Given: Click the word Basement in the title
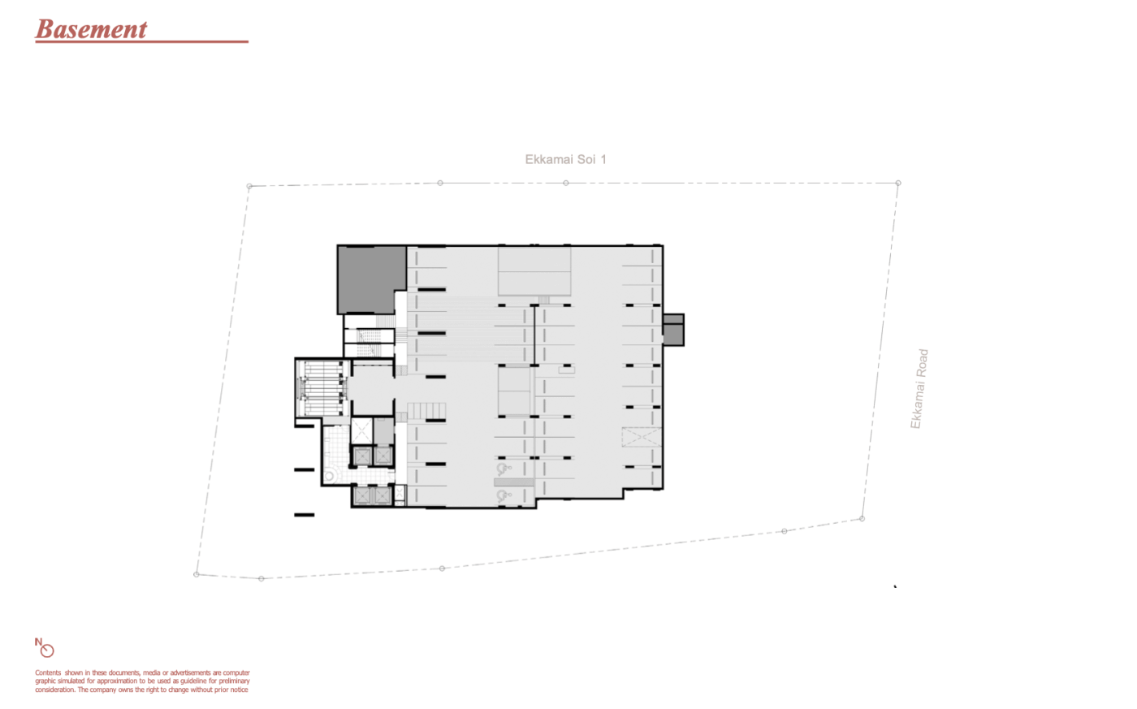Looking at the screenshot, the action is [91, 29].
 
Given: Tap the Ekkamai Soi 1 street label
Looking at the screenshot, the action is [565, 159].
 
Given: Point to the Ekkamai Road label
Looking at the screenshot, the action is [919, 389].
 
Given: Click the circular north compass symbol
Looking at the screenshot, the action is [48, 651].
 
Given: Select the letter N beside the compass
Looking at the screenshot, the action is [38, 642].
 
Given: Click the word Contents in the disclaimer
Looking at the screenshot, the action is [48, 672].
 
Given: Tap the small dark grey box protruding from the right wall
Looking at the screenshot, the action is [673, 330].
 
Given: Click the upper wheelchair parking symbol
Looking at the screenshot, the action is [503, 468].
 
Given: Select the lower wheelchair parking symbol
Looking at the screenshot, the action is [503, 496].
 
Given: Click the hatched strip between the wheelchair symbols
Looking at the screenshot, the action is [514, 482].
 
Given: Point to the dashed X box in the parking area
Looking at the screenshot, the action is [642, 437].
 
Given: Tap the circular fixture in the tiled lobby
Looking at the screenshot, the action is [330, 476].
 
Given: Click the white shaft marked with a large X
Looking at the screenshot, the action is [361, 431].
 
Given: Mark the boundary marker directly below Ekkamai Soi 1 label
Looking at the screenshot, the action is [566, 183].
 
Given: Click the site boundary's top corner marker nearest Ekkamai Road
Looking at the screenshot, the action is [898, 183].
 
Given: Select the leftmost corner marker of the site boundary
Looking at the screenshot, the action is [197, 574].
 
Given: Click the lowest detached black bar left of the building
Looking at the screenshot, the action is [304, 515].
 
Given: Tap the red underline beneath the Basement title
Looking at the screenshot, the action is [141, 41].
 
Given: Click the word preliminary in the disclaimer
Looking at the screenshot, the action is [234, 681].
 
